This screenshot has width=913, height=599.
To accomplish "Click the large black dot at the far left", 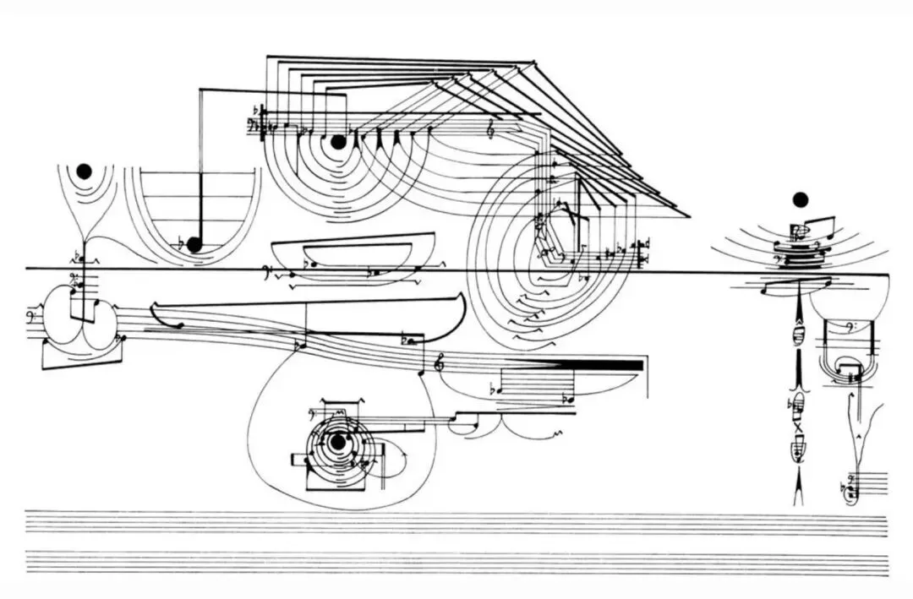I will (x=83, y=171).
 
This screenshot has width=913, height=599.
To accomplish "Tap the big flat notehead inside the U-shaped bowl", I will (x=194, y=244).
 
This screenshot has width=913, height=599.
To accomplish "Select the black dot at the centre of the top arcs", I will (x=338, y=143).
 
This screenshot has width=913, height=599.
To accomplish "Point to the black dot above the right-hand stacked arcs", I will (x=800, y=200).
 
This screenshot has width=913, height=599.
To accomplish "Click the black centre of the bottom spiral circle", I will (x=337, y=441).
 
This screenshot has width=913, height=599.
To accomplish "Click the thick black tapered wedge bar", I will (x=592, y=364).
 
